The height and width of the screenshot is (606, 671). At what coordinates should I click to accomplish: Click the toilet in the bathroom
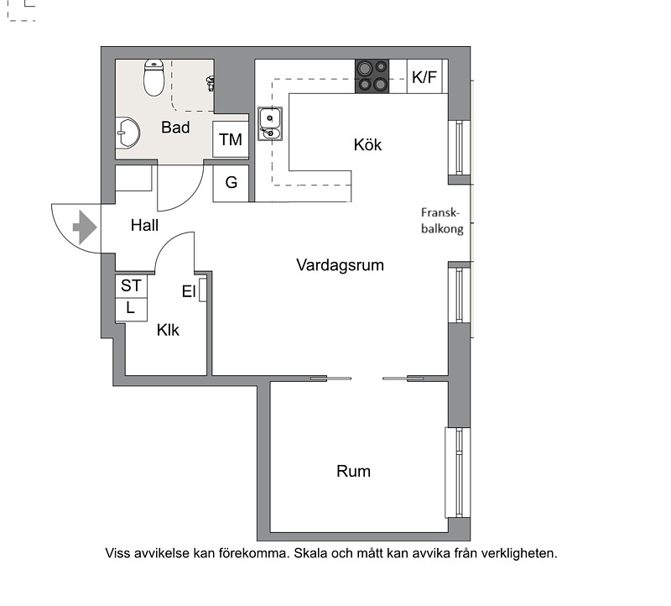tap(153, 77)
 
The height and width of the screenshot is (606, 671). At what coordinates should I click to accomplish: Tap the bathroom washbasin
tap(127, 133)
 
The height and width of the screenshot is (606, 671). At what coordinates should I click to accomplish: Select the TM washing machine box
tap(231, 139)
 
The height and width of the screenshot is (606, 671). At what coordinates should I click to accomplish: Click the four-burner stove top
tap(372, 76)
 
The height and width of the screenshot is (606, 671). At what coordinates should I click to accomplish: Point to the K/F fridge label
tap(424, 77)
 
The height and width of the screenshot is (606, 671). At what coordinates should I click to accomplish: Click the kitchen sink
tap(270, 123)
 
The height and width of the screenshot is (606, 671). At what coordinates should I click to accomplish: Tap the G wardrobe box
tap(231, 183)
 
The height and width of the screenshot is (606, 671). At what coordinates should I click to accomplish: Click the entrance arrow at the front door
tap(85, 227)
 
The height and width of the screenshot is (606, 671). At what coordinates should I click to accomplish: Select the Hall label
tap(144, 225)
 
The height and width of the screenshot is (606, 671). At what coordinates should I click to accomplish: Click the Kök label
tap(367, 144)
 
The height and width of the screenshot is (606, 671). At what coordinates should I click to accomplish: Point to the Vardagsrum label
tap(341, 265)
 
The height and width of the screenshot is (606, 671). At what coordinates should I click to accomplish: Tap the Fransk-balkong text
tap(442, 221)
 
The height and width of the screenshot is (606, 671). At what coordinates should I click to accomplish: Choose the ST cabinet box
tap(131, 285)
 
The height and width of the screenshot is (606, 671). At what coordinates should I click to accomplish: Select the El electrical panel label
tap(189, 291)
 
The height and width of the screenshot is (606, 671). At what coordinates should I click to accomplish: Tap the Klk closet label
tap(168, 330)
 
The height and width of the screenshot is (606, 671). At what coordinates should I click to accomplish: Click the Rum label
tap(353, 471)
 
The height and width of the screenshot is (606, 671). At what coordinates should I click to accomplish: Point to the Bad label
tap(175, 128)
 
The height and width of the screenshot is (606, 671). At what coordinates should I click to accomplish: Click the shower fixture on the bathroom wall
tap(211, 82)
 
